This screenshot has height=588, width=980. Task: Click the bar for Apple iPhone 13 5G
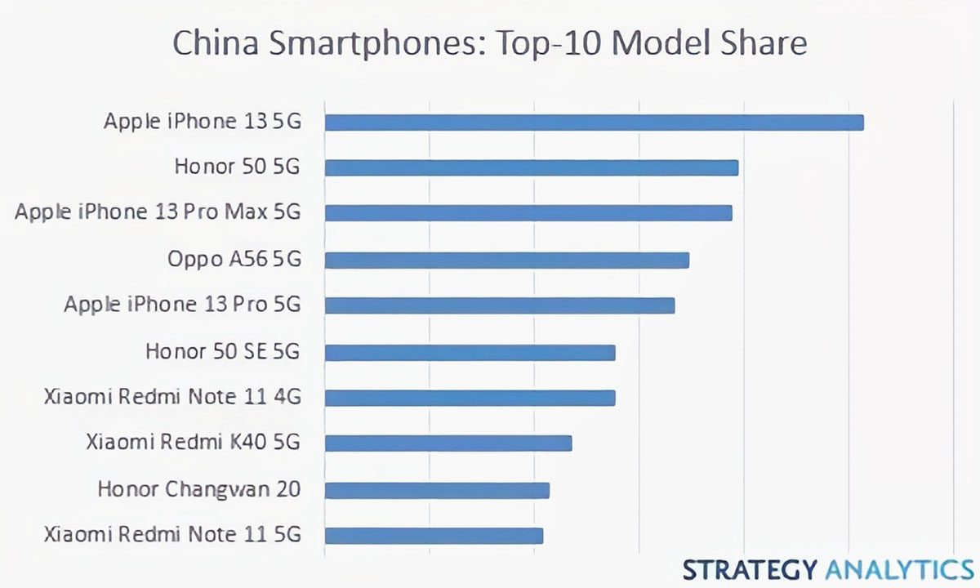594,122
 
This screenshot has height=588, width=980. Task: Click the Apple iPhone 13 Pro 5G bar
499,305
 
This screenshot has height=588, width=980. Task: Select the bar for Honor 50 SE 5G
470,352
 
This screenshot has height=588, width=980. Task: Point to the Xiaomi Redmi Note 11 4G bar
470,398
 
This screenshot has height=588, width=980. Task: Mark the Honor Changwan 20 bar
437,490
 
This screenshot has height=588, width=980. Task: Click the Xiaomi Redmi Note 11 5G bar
434,536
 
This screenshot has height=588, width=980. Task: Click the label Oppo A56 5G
234,260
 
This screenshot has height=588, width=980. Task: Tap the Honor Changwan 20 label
198,490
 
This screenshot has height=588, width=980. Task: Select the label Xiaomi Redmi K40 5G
193,443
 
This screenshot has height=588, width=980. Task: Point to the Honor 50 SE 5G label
223,352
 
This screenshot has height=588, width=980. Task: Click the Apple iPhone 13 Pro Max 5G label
158,212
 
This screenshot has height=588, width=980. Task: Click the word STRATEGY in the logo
750,568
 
